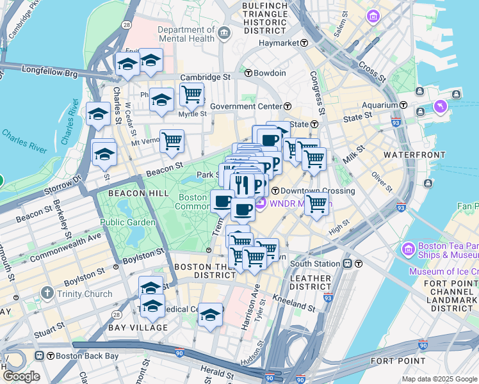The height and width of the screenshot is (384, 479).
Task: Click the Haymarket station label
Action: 279,43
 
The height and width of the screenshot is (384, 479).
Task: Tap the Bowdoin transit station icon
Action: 248,73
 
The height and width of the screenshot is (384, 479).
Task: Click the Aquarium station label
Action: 378,105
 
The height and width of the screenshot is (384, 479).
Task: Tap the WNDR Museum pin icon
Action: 261,204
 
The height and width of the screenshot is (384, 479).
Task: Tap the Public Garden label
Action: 127,222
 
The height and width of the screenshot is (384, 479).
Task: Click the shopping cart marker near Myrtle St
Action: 191,95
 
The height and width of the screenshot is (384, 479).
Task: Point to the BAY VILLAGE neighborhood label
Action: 138,328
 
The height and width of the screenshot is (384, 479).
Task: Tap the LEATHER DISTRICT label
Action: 310,283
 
